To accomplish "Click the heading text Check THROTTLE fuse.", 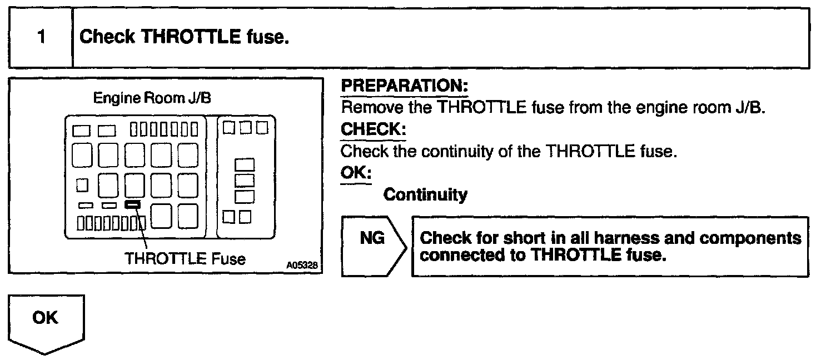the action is [184, 38].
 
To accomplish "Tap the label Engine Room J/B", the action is [152, 98].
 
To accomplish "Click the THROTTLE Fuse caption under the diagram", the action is [185, 258].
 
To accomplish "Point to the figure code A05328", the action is [302, 266].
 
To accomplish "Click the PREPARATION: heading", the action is [404, 86].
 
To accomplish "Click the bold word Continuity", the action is [425, 194].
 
